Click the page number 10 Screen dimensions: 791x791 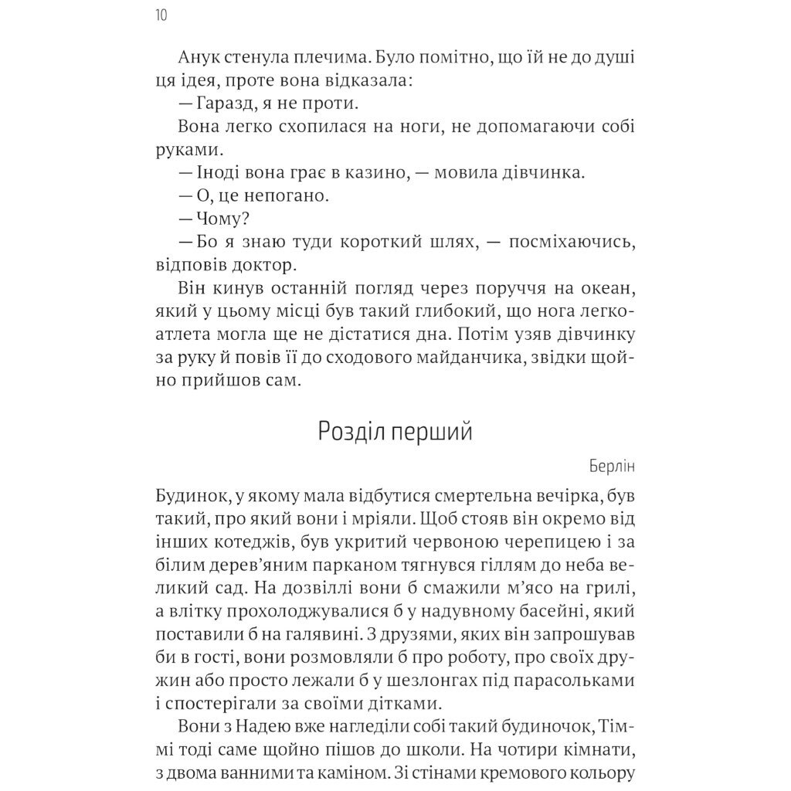click(x=161, y=15)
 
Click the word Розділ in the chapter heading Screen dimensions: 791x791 click(x=351, y=432)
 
